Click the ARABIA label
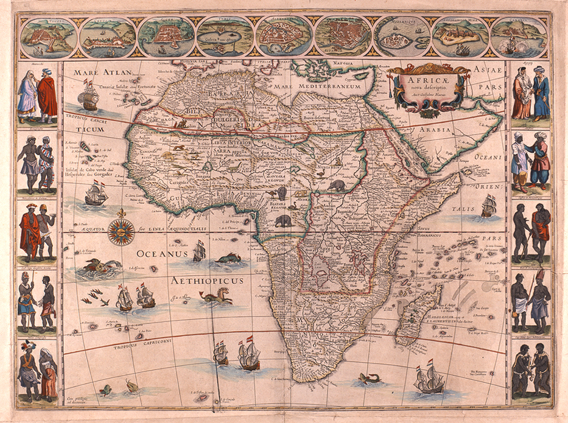point(433,130)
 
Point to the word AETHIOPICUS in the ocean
point(207,281)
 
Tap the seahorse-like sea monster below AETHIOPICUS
point(215,298)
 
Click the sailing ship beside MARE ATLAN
point(89,97)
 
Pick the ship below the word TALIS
point(488,207)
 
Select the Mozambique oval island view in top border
point(402,37)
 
